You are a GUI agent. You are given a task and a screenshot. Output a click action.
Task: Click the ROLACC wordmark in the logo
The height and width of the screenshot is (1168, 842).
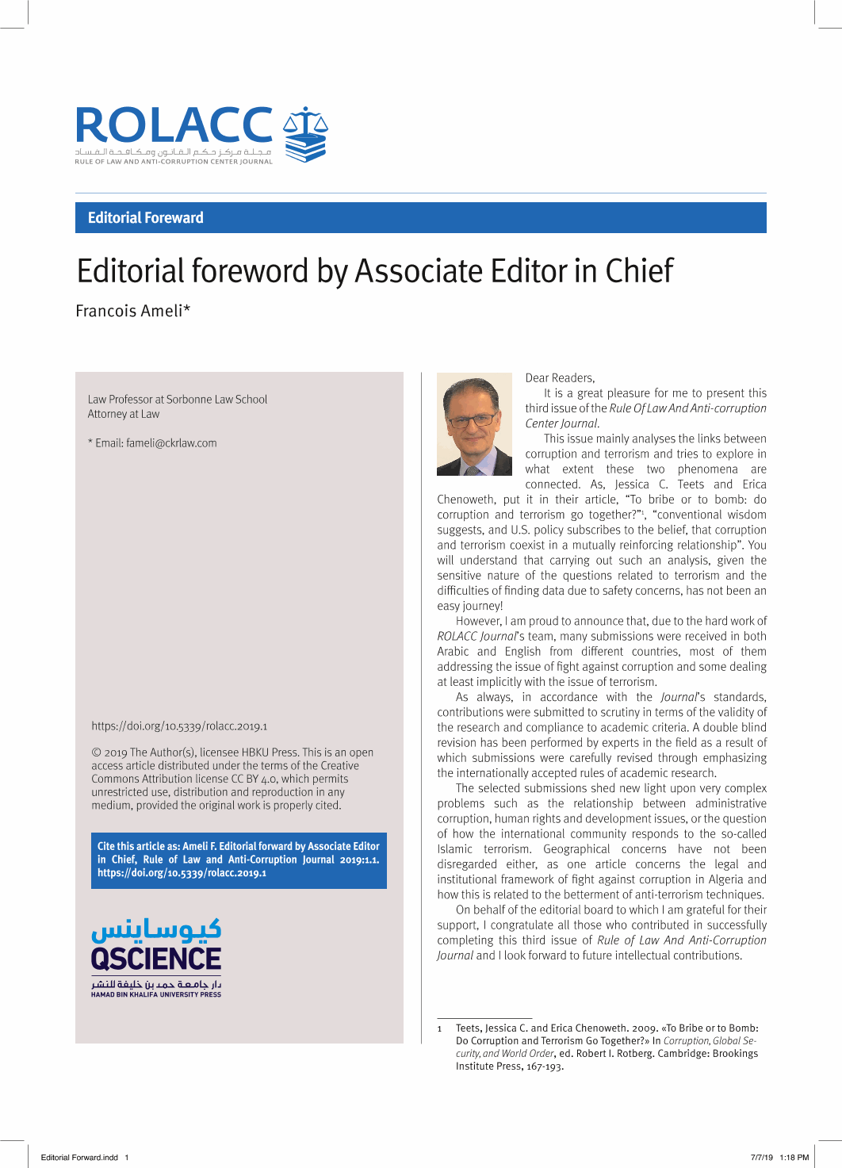pos(174,125)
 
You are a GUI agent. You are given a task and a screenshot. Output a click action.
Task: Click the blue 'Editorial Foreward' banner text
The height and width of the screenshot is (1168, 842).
pos(145,218)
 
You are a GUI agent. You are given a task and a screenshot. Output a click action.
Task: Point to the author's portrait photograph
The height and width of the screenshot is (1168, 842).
pos(474,424)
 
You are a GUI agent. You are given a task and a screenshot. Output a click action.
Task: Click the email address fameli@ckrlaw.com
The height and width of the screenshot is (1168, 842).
pos(171,443)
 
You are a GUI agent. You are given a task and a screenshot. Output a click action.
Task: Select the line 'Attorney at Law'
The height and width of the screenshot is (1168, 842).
pos(124,414)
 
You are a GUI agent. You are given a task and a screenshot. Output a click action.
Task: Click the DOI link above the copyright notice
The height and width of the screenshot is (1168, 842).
pos(179,726)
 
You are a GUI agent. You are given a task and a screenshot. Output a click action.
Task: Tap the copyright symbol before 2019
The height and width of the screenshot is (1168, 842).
pos(96,752)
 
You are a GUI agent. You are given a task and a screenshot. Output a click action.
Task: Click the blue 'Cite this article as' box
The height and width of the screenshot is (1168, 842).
pos(239,860)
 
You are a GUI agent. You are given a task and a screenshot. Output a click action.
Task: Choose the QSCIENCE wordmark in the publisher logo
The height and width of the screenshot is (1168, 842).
pos(156,959)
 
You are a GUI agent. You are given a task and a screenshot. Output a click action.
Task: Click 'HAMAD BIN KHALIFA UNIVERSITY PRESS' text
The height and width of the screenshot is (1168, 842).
pos(156,994)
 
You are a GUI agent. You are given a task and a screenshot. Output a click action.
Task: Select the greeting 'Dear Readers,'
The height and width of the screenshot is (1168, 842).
pos(560,378)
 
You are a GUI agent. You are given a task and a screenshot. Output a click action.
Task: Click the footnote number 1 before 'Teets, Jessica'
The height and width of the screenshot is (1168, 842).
pos(440,1028)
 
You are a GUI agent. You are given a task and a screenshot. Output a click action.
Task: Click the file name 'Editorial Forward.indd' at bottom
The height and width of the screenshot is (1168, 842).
pos(79,1158)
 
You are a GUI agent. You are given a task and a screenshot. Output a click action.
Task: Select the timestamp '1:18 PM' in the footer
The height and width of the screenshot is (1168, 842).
pos(794,1158)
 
